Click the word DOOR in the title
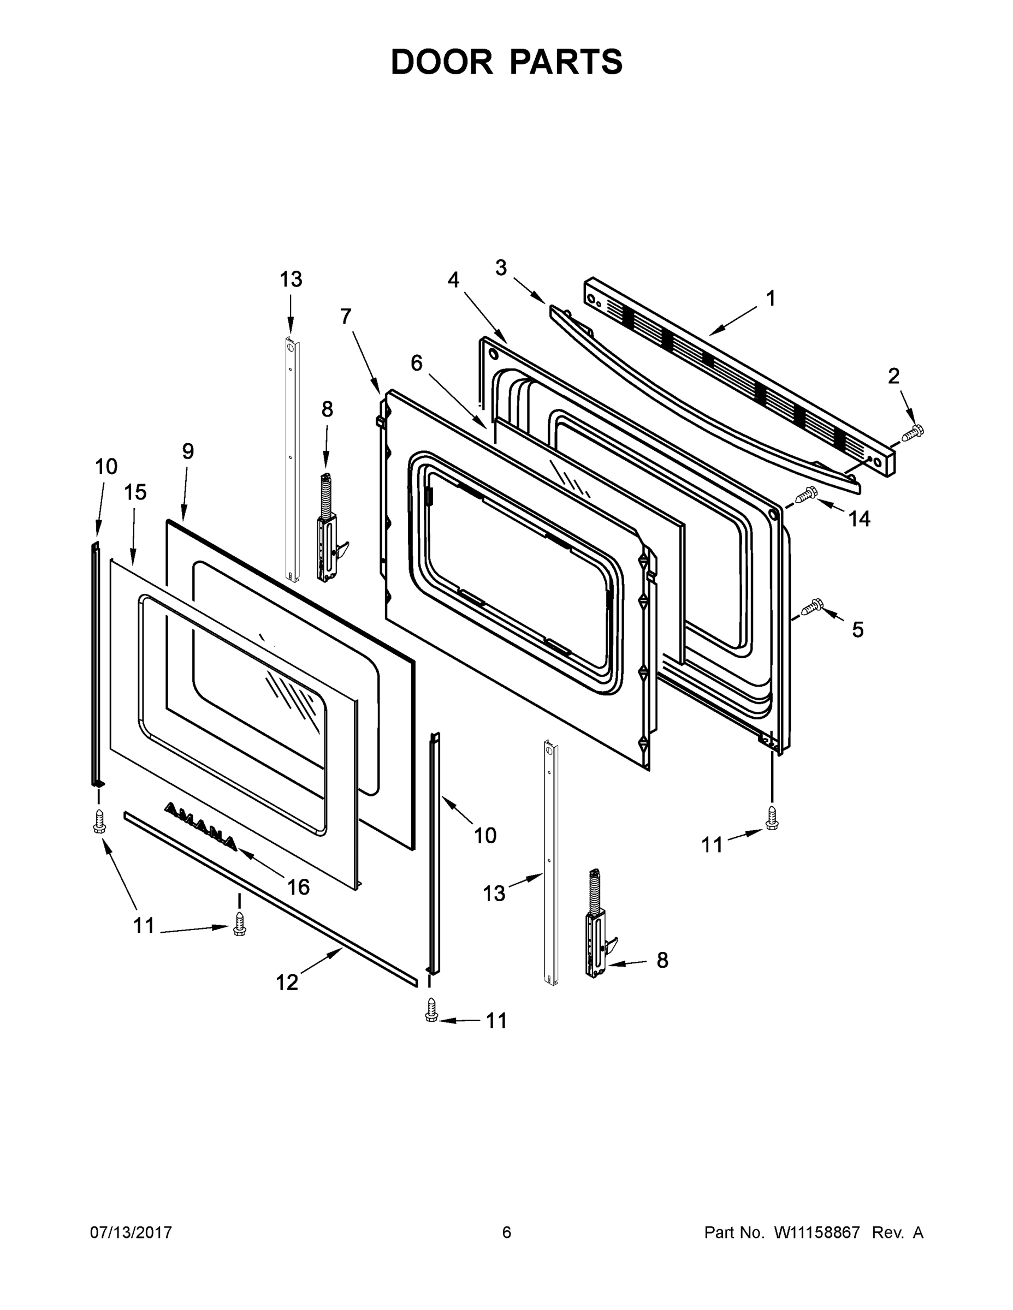[442, 62]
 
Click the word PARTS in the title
[567, 62]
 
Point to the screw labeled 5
[811, 607]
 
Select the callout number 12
[287, 982]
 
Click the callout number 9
[188, 451]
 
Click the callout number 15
[135, 492]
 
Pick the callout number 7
[346, 316]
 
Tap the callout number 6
[417, 362]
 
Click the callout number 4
[453, 279]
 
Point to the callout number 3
[501, 267]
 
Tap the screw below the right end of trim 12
[430, 1009]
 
